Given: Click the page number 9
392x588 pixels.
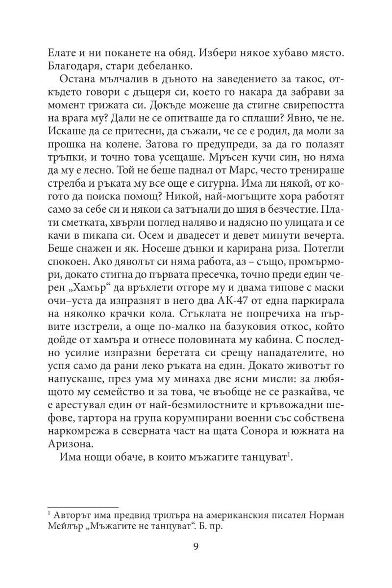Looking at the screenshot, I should [x=196, y=547].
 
